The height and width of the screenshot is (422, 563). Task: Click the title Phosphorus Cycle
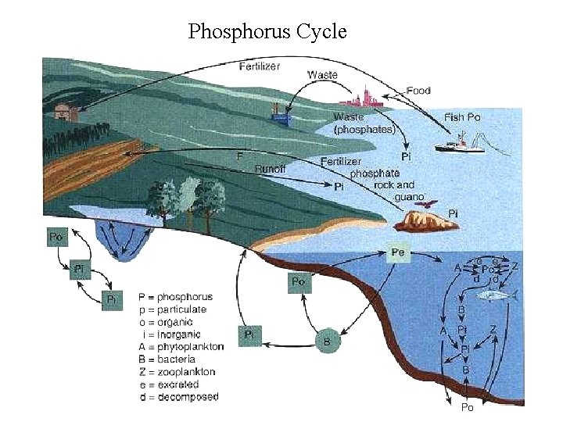tap(267, 32)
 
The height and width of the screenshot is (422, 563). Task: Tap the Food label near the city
tap(418, 91)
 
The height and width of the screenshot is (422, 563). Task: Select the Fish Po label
tap(463, 117)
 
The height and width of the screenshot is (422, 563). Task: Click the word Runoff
tap(271, 168)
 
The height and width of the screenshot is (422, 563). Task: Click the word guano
tap(408, 197)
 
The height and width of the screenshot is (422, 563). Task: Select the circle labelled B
tap(327, 341)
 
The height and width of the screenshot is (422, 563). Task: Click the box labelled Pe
tap(397, 252)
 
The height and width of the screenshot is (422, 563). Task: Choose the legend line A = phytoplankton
tap(181, 346)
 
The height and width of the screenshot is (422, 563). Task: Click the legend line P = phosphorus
tap(175, 297)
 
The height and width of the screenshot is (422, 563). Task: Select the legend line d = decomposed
tap(178, 396)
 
